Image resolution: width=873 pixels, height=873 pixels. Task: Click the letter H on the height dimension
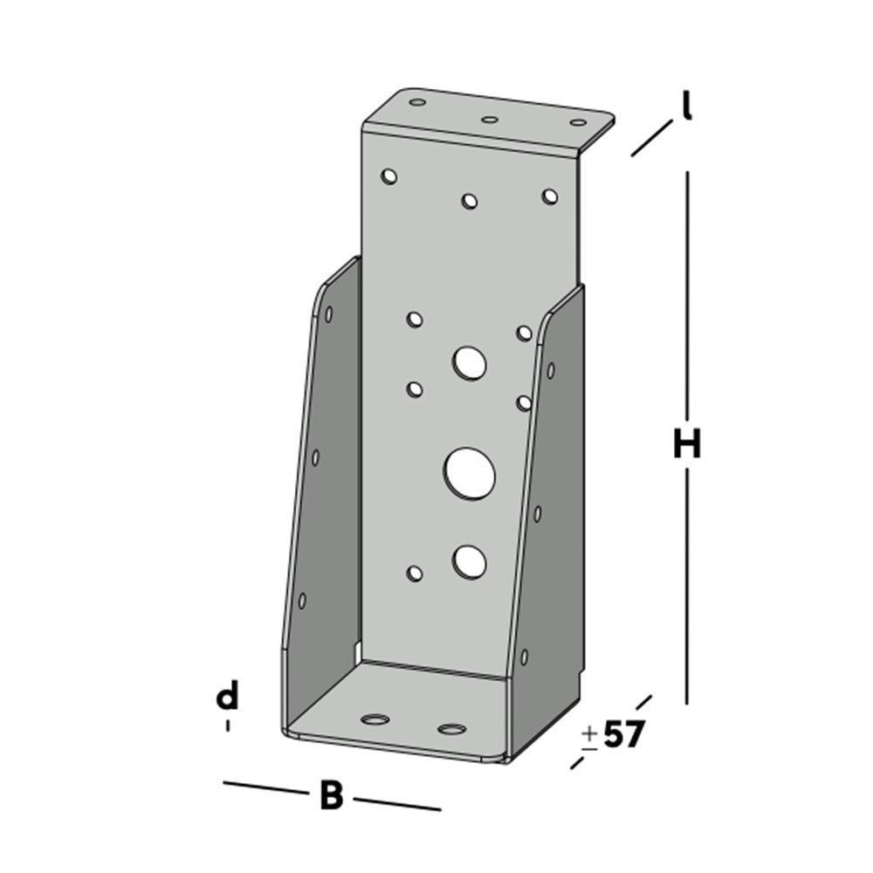click(x=687, y=446)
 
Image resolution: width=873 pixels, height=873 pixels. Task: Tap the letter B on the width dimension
click(x=331, y=796)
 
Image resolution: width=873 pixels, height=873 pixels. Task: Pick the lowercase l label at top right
click(x=687, y=107)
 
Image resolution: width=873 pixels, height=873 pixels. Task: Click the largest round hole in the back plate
click(x=470, y=474)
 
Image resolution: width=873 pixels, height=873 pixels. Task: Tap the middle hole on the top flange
click(x=490, y=119)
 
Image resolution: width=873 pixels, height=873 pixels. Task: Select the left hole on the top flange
click(x=417, y=102)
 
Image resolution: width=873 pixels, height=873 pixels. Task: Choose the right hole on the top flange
click(x=578, y=124)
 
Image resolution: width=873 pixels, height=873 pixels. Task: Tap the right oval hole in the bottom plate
click(x=451, y=729)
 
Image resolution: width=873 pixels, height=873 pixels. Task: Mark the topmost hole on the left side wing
click(x=328, y=313)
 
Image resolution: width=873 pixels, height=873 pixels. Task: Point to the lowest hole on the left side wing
click(x=302, y=601)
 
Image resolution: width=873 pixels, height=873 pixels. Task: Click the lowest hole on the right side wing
click(x=524, y=656)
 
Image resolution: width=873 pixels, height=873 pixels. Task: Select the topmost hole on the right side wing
click(x=550, y=370)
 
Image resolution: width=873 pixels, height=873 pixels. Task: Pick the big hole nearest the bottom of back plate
click(x=470, y=561)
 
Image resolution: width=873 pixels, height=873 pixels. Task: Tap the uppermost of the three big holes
click(x=470, y=361)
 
